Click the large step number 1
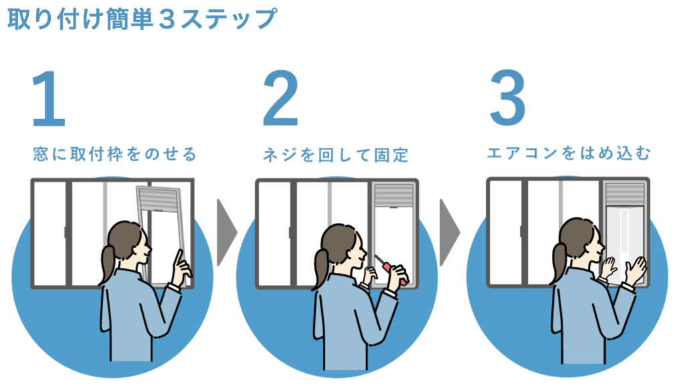click(50, 99)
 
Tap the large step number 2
click(280, 99)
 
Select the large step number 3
click(508, 98)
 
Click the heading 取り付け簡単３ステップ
click(142, 19)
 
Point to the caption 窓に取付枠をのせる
click(115, 155)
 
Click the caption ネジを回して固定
click(336, 155)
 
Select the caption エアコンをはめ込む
click(569, 153)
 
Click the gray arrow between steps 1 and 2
click(226, 232)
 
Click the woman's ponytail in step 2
click(320, 269)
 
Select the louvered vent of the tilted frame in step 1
click(157, 199)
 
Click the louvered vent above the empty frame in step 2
click(394, 195)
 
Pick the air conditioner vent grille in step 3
click(625, 193)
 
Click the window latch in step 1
click(66, 232)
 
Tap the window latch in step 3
click(521, 231)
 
